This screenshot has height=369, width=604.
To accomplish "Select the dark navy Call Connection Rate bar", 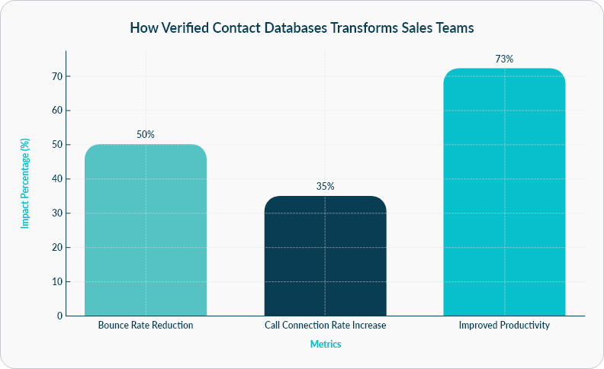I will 325,256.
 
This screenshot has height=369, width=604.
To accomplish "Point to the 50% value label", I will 145,134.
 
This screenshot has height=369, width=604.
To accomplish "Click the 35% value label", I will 325,186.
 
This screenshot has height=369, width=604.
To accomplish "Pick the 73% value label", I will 504,59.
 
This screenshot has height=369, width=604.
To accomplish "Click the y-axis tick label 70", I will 56,76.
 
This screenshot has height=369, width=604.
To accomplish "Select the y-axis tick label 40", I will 56,179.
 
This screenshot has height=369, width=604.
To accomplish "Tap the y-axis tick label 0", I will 59,316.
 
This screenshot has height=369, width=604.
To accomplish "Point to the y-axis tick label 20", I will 56,248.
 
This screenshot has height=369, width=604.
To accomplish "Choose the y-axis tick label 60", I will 56,111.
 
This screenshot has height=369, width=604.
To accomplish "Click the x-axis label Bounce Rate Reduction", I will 145,326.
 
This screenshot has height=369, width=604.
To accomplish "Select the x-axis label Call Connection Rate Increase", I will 325,326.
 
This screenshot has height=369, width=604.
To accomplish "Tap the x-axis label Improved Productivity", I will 504,326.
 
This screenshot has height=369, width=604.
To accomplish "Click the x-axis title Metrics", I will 325,345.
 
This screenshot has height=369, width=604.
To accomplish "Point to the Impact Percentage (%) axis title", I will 24,184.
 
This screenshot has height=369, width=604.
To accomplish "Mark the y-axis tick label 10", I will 56,282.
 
